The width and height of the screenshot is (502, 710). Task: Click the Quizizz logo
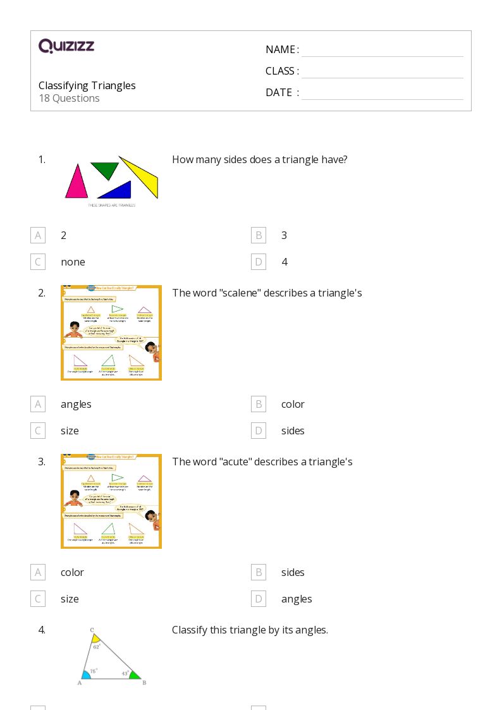[x=66, y=46]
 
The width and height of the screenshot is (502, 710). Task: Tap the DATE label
[x=279, y=92]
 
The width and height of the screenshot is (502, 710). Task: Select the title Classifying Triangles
[x=87, y=85]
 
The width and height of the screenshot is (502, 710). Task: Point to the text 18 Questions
[x=69, y=98]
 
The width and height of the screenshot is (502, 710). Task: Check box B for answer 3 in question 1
[x=258, y=235]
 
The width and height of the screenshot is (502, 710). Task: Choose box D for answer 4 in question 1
[x=258, y=262]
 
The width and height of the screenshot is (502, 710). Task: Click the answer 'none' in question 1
[x=73, y=262]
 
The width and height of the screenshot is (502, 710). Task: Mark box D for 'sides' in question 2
[x=258, y=431]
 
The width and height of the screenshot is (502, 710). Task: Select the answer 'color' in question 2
[x=293, y=404]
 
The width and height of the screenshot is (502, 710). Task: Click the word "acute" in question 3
[x=236, y=462]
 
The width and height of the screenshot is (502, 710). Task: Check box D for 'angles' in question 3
[x=258, y=599]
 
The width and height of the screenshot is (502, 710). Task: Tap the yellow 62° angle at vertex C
[x=95, y=639]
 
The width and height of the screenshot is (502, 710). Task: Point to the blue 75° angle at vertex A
[x=86, y=675]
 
